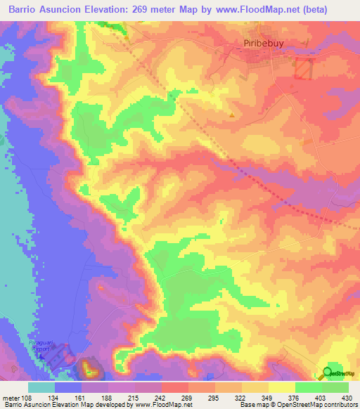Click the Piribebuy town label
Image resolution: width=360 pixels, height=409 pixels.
256,44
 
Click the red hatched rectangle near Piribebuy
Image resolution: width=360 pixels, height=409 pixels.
303,69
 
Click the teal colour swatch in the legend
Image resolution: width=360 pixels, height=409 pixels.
41,387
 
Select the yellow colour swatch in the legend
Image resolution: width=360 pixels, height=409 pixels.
281,387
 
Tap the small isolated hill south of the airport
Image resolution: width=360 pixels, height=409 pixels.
89,367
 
